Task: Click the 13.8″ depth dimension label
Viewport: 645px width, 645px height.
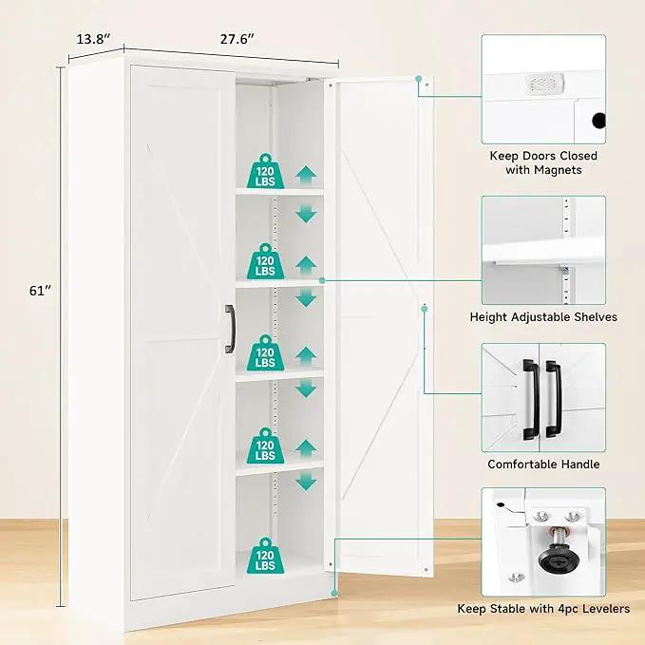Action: [93, 39]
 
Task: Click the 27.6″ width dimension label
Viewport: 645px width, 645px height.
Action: [237, 39]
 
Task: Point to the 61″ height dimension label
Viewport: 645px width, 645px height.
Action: [40, 291]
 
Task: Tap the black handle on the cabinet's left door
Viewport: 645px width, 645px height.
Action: [230, 329]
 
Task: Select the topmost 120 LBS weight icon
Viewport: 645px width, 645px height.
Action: [265, 171]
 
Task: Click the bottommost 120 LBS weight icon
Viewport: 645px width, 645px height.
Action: [265, 556]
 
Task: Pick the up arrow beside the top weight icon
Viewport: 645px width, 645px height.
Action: [306, 175]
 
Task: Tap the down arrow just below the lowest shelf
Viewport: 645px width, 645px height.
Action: [306, 482]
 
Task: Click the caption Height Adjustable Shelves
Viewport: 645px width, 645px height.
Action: [543, 317]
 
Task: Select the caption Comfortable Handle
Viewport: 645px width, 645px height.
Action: [543, 464]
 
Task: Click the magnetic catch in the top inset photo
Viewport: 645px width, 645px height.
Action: [544, 84]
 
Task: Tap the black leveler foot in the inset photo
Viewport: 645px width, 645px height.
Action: [559, 558]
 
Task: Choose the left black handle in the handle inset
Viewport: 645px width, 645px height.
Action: [531, 400]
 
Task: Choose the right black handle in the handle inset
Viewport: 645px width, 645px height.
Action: [553, 399]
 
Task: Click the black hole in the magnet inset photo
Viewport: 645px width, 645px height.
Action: [598, 121]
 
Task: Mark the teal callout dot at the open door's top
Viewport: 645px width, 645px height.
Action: [418, 79]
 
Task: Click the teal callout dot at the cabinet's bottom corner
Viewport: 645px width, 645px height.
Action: [334, 593]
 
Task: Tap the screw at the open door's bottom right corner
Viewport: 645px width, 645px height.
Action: [427, 570]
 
